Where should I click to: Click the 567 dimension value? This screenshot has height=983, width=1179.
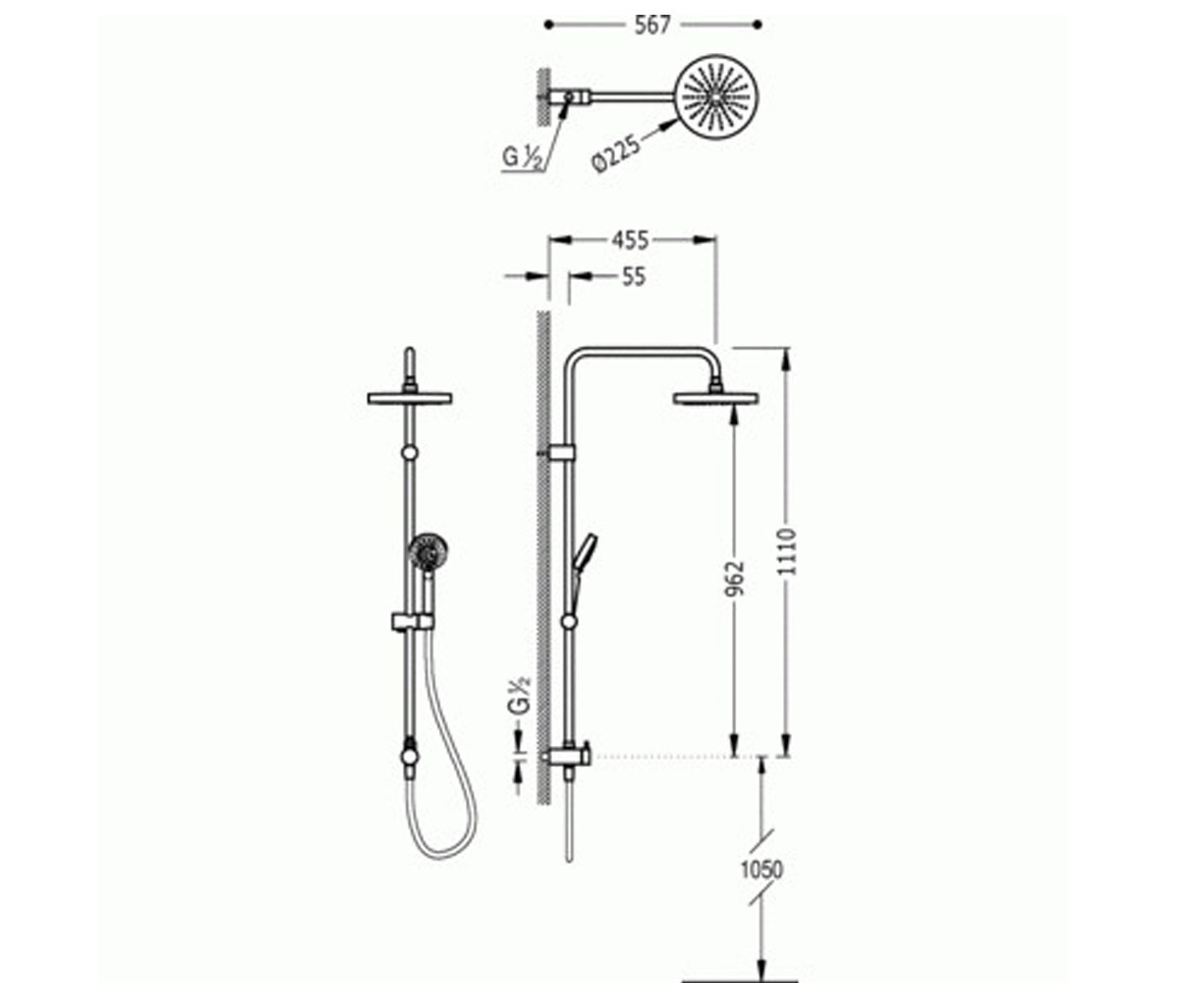(x=652, y=26)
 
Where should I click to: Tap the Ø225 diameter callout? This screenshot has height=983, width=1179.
(x=616, y=153)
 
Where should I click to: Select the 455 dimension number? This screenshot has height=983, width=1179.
(x=630, y=241)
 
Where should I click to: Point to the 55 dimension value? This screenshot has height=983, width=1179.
(x=633, y=277)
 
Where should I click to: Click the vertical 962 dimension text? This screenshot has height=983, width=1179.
(x=735, y=579)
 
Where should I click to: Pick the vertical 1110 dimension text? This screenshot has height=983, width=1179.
(x=786, y=551)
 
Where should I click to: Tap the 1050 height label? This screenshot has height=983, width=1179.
(x=761, y=869)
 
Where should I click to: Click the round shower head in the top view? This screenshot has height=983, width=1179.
(x=717, y=97)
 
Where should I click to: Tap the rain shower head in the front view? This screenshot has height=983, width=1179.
(x=410, y=398)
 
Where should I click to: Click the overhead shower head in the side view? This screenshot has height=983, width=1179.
(x=715, y=398)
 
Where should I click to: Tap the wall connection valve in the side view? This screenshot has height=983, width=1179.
(x=567, y=755)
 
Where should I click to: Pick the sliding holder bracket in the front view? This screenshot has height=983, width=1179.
(x=413, y=621)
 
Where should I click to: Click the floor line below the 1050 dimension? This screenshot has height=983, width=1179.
(x=740, y=981)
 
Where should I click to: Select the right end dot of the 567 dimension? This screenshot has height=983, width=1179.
(x=758, y=25)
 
